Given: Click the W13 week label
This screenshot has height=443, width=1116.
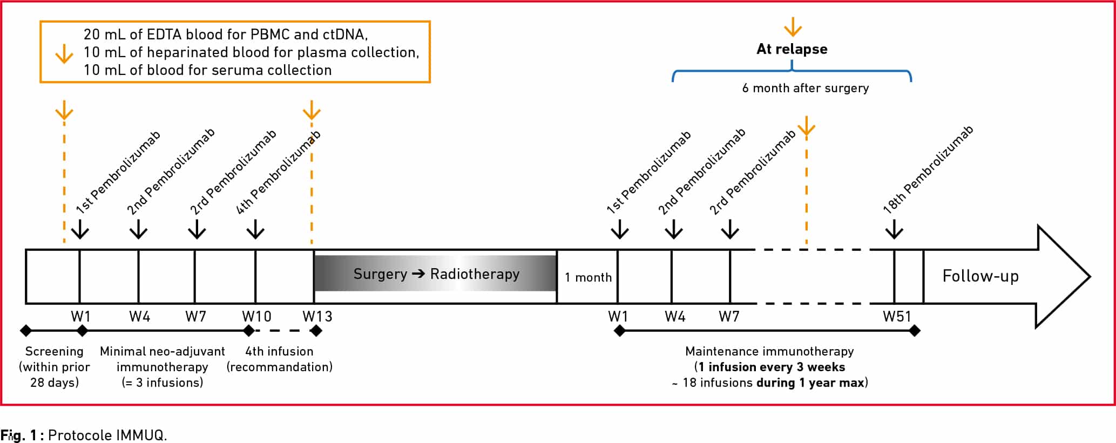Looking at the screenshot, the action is click(x=317, y=316).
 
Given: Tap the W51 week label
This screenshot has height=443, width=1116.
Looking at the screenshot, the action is click(x=897, y=316).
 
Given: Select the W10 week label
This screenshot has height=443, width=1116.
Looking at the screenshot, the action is click(x=256, y=316).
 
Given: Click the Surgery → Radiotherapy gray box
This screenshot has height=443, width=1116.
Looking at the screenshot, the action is click(x=435, y=274).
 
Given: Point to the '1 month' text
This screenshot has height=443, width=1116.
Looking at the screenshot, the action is click(x=588, y=277).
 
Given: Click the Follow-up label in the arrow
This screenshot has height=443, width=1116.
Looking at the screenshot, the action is click(x=980, y=276).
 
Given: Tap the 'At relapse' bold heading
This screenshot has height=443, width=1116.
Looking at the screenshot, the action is click(x=792, y=49).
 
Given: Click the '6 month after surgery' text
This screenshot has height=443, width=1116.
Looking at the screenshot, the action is click(x=806, y=88).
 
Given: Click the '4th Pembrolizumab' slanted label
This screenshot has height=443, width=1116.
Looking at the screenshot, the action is click(x=279, y=172).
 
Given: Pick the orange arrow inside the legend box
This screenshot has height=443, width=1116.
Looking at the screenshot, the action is click(x=64, y=53).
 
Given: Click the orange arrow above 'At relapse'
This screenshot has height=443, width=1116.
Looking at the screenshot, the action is click(x=793, y=26).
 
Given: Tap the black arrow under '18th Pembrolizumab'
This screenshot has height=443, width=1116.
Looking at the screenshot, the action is click(x=894, y=229).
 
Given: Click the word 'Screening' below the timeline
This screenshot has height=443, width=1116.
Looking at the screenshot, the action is click(x=55, y=352).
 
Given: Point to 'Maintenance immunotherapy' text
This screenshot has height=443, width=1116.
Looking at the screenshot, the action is click(x=769, y=351).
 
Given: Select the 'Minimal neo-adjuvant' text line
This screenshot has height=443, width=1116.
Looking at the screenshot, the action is click(x=163, y=352).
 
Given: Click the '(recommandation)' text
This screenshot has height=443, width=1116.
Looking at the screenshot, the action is click(x=280, y=367).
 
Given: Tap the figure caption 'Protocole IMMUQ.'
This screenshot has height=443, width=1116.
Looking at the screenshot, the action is click(x=107, y=435).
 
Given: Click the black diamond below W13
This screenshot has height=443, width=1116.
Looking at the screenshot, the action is click(x=316, y=331).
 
